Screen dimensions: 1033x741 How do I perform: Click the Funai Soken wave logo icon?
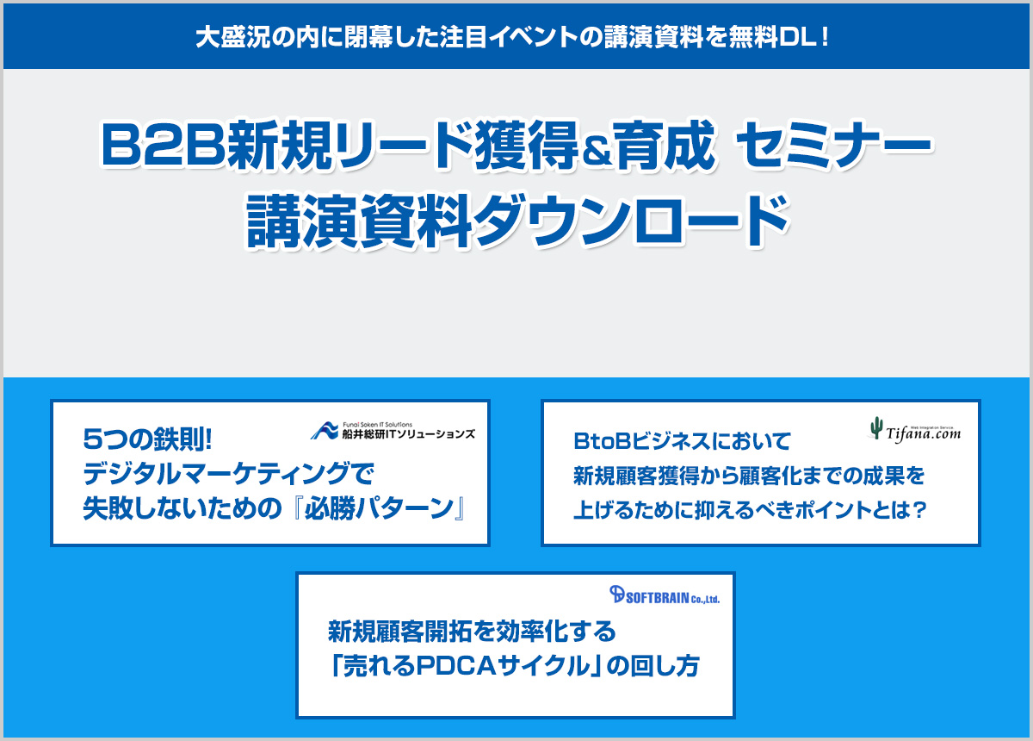point(325,431)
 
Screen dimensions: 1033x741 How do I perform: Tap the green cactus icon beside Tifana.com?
point(876,428)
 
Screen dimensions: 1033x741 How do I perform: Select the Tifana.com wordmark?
point(923,433)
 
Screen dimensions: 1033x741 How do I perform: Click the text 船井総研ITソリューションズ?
point(409,434)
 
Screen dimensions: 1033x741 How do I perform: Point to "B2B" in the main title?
point(164,144)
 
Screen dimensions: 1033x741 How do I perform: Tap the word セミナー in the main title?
point(835,144)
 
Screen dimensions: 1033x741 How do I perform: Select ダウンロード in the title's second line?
point(633,221)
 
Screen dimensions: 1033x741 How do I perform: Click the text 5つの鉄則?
point(147,439)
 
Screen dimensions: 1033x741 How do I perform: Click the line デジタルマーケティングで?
point(228,474)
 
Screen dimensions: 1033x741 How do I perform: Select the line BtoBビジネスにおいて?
point(682,441)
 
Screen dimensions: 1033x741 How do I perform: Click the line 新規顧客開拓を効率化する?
point(472,631)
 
